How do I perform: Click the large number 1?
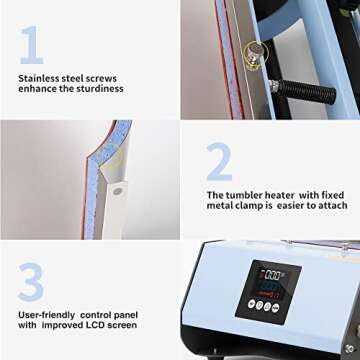[32, 44]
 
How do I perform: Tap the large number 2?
[220, 160]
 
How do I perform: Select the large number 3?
[32, 282]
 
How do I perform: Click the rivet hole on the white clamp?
[118, 189]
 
